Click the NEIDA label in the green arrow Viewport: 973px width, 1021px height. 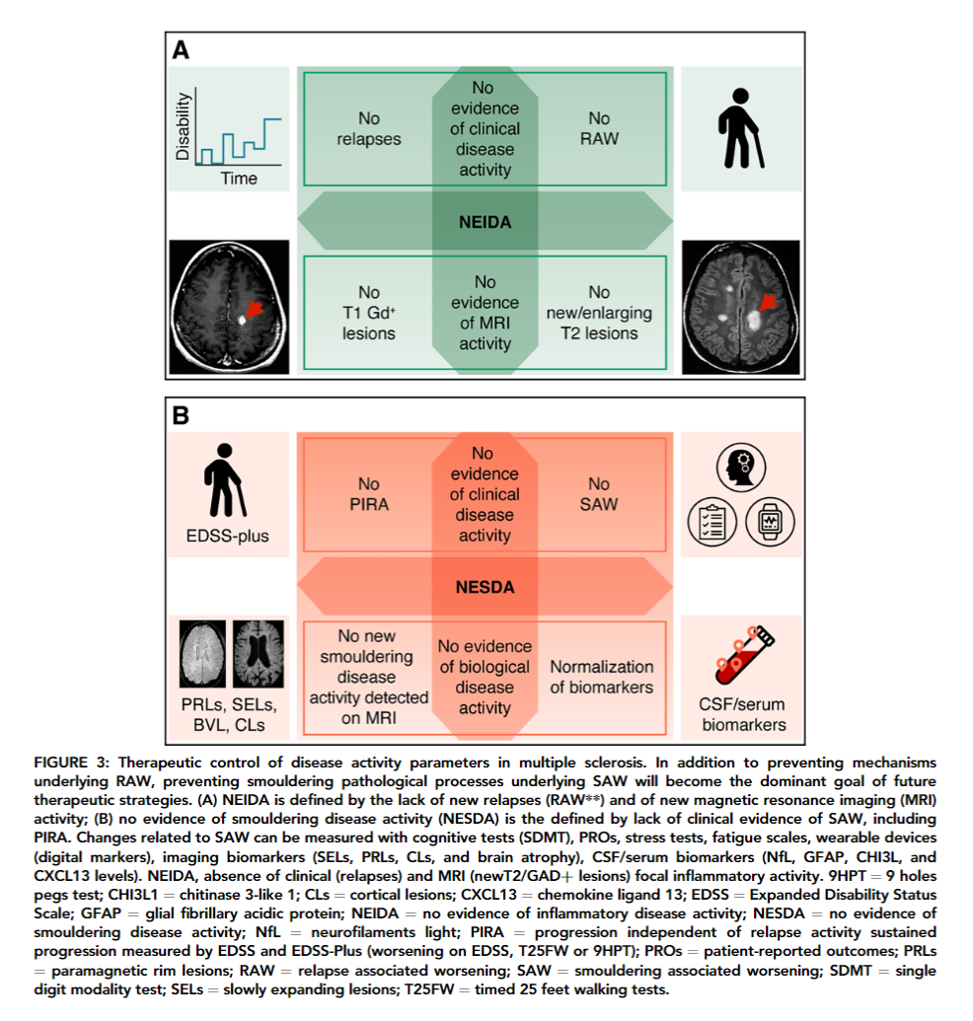pyautogui.click(x=485, y=222)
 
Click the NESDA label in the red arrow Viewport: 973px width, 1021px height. pyautogui.click(x=485, y=588)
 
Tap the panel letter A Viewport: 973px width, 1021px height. pyautogui.click(x=181, y=50)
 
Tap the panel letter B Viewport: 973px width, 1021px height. pyautogui.click(x=181, y=415)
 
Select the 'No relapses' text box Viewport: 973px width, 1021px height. pyautogui.click(x=368, y=129)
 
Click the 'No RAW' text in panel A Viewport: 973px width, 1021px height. pyautogui.click(x=599, y=129)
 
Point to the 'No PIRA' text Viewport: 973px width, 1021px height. pyautogui.click(x=368, y=494)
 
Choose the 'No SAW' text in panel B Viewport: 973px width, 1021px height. pyautogui.click(x=599, y=494)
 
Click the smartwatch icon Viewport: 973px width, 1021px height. pyautogui.click(x=769, y=524)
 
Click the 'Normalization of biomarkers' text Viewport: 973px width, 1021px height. pyautogui.click(x=601, y=677)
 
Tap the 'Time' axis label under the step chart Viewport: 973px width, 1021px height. pyautogui.click(x=239, y=179)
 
